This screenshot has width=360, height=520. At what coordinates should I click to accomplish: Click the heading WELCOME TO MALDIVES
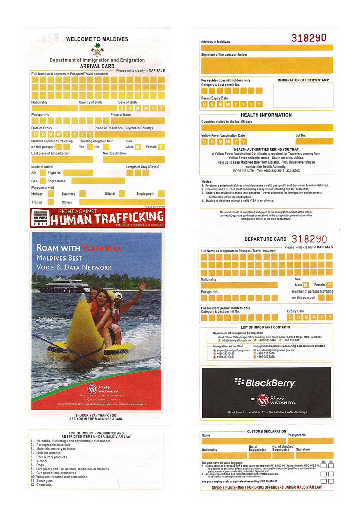pyautogui.click(x=97, y=39)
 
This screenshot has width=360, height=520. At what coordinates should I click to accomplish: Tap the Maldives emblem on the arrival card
pyautogui.click(x=97, y=49)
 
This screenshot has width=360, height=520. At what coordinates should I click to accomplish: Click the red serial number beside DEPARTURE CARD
pyautogui.click(x=309, y=239)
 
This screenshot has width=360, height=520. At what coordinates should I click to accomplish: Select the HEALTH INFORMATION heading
pyautogui.click(x=266, y=115)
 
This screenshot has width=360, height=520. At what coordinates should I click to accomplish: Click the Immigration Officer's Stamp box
pyautogui.click(x=303, y=94)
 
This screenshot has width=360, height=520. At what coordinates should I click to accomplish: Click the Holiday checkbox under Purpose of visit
pyautogui.click(x=52, y=194)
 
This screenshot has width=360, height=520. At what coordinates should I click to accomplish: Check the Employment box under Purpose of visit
pyautogui.click(x=161, y=193)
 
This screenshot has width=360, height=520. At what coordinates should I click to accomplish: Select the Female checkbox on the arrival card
pyautogui.click(x=161, y=147)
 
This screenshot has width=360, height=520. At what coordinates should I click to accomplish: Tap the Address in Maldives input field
pyautogui.click(x=267, y=47)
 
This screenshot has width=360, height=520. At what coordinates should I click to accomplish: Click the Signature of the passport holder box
pyautogui.click(x=267, y=65)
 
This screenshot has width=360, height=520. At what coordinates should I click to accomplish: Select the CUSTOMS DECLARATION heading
pyautogui.click(x=267, y=431)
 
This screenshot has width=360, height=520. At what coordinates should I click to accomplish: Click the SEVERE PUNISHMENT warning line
pyautogui.click(x=267, y=487)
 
